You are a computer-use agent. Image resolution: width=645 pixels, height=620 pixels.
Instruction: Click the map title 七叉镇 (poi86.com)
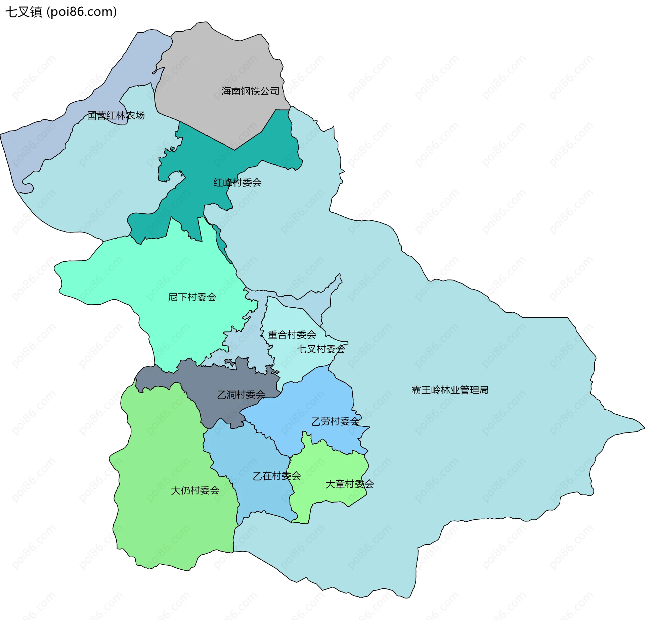tap(61, 12)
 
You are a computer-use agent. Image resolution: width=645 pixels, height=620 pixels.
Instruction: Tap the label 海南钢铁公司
tap(250, 91)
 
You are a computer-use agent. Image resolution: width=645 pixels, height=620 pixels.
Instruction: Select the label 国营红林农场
tap(116, 115)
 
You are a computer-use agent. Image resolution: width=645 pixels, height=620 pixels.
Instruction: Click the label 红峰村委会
tap(237, 183)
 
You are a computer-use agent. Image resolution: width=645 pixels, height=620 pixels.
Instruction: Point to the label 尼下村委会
tap(192, 297)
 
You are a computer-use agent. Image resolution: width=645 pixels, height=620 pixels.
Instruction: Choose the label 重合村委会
tap(292, 334)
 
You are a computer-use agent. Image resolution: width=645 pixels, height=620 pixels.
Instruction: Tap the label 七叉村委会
tap(321, 349)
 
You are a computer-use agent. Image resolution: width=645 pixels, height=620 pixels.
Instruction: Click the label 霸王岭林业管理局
tap(450, 390)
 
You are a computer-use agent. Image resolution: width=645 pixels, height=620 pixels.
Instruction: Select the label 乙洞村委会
tap(241, 395)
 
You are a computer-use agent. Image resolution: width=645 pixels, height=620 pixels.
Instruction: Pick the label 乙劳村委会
tap(335, 421)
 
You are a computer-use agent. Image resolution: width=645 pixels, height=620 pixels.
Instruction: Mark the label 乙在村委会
tap(276, 476)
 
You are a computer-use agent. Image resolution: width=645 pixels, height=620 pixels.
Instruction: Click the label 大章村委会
tap(349, 484)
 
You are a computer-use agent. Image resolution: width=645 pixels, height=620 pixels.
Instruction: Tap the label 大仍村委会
tap(195, 490)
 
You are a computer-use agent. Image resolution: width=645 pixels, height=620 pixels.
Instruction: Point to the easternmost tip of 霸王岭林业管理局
tap(643, 428)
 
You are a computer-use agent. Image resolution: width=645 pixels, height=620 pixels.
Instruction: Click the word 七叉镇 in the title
tap(24, 12)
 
